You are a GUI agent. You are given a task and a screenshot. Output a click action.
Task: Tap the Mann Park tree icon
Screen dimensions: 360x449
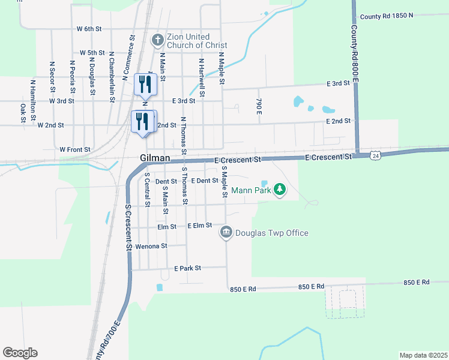tap(279, 190)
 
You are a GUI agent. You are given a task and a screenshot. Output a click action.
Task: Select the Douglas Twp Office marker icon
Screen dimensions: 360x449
tap(226, 232)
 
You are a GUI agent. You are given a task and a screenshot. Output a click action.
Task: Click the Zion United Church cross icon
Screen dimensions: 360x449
tap(158, 40)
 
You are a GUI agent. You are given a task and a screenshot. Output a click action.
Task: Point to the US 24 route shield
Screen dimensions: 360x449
tap(375, 155)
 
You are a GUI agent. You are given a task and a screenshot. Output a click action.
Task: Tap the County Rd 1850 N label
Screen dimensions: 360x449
tap(385, 16)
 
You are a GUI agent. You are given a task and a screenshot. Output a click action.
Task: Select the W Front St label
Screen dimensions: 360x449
tap(75, 149)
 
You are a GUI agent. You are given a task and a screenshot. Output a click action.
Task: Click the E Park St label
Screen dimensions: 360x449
tap(187, 268)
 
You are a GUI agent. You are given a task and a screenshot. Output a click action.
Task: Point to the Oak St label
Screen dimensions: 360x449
tap(23, 112)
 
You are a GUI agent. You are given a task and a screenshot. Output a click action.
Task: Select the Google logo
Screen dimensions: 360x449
tap(20, 353)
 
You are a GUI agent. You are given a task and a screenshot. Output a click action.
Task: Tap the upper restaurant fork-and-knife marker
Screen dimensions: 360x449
tap(145, 83)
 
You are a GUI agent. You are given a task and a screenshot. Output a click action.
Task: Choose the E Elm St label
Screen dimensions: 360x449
tap(199, 225)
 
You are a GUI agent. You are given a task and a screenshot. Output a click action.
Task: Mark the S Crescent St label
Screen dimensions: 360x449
tap(128, 227)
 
